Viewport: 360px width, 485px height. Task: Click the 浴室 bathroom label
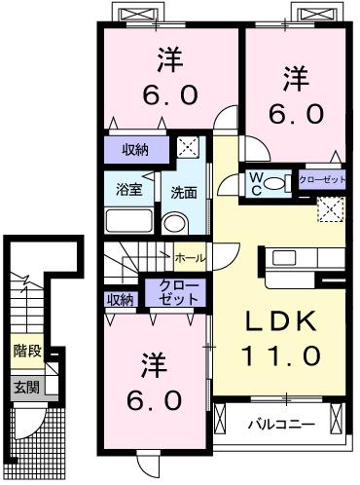(130, 189)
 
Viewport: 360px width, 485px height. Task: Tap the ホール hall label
(190, 258)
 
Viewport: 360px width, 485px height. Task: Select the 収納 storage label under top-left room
(135, 149)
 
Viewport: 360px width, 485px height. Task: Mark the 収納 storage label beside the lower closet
(120, 299)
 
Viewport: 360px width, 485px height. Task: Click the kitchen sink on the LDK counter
(287, 258)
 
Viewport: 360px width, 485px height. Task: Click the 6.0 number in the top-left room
(171, 94)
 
